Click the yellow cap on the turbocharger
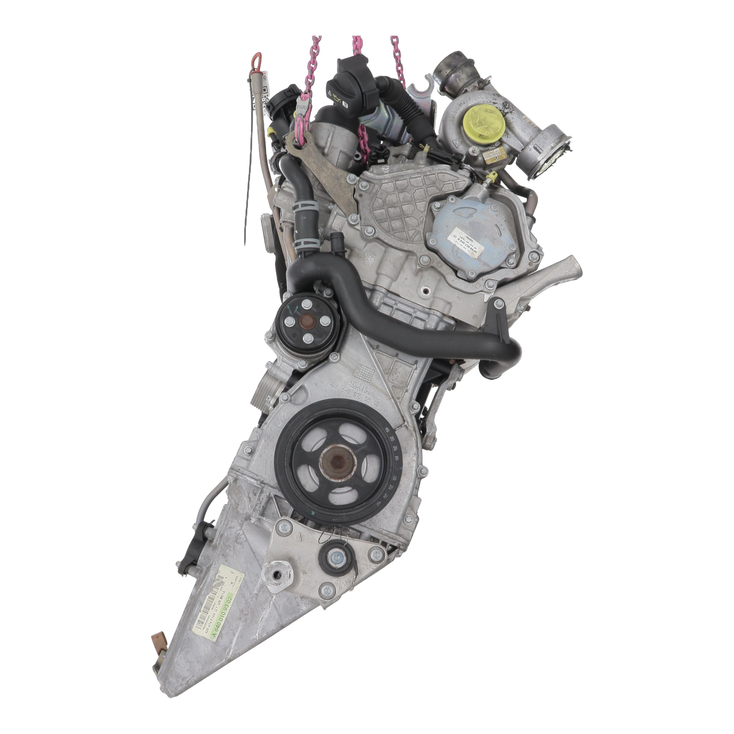[x=478, y=122]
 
